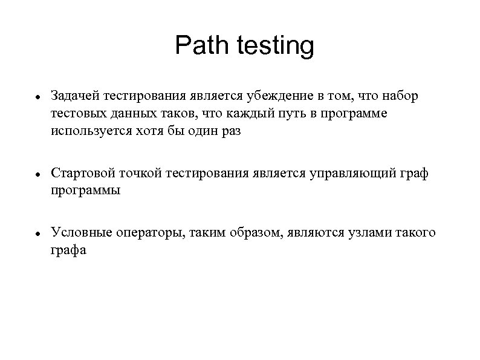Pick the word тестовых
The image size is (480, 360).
[77, 114]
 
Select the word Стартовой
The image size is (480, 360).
[80, 174]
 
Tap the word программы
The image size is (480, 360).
[86, 191]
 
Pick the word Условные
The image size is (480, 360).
[77, 234]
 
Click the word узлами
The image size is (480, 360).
[364, 234]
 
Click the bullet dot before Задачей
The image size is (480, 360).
[37, 97]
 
